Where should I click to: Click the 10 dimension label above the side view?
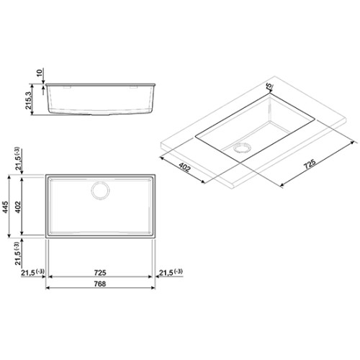40,72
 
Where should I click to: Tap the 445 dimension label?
5,207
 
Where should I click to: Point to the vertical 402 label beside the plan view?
18,207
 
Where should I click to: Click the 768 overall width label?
99,284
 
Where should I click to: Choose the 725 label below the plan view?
100,273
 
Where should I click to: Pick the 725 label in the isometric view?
310,164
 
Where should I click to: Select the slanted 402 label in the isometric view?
184,167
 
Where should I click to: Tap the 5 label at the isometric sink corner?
269,85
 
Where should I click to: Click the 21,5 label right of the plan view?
171,272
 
